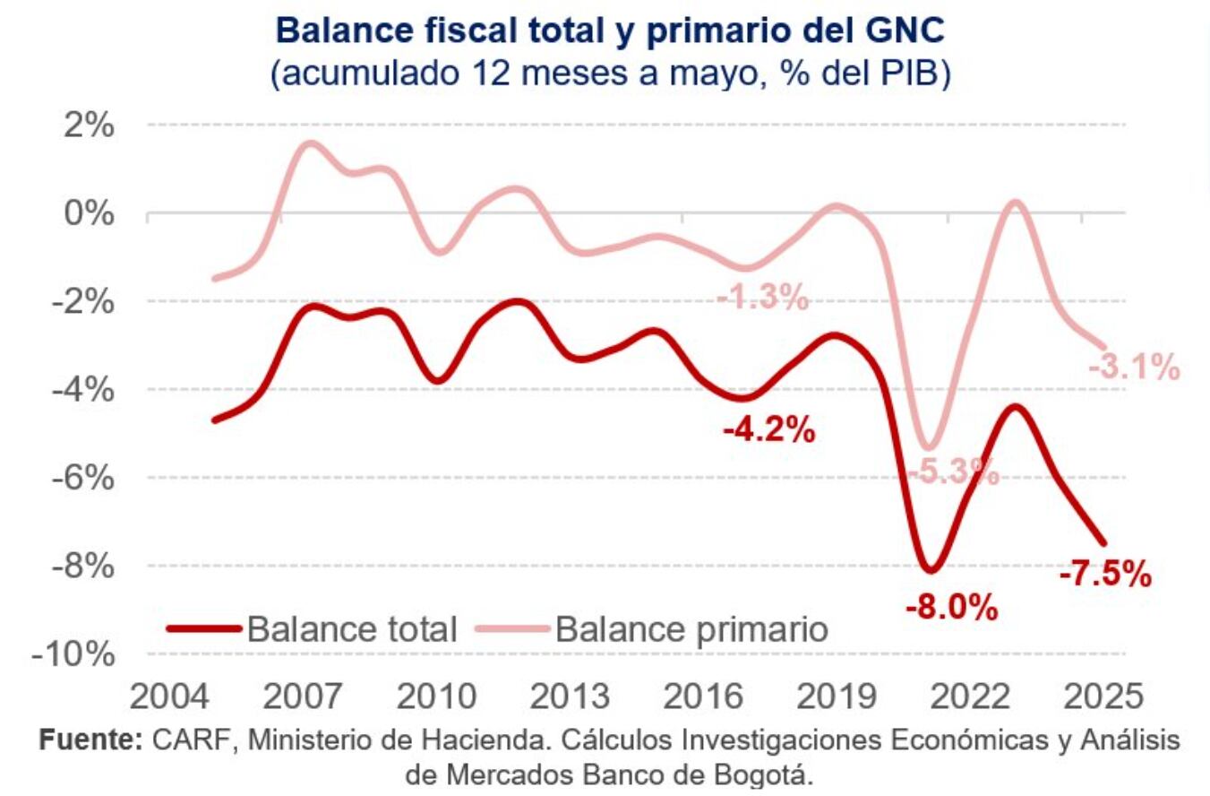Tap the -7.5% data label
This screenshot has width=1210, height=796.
1104,574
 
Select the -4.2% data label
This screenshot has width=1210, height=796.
769,430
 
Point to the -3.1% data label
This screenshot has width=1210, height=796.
1134,367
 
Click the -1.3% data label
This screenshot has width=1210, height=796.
763,297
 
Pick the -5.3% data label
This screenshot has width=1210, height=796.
952,472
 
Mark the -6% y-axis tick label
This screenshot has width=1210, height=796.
82,478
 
